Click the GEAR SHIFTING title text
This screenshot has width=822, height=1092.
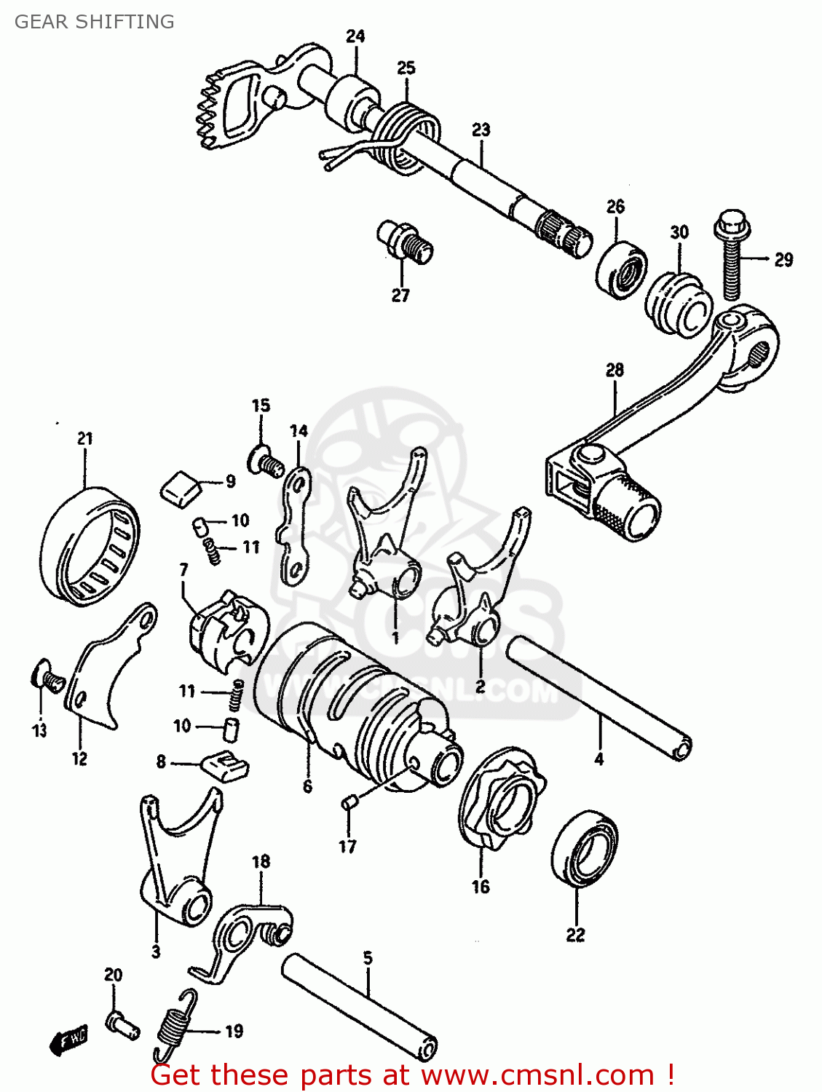click(95, 22)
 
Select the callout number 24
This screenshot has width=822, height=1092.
click(355, 36)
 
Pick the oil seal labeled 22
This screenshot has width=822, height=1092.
click(585, 848)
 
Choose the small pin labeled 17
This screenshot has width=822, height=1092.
click(348, 803)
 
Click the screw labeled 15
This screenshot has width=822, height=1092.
click(266, 461)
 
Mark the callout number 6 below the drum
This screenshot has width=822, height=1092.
click(307, 786)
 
